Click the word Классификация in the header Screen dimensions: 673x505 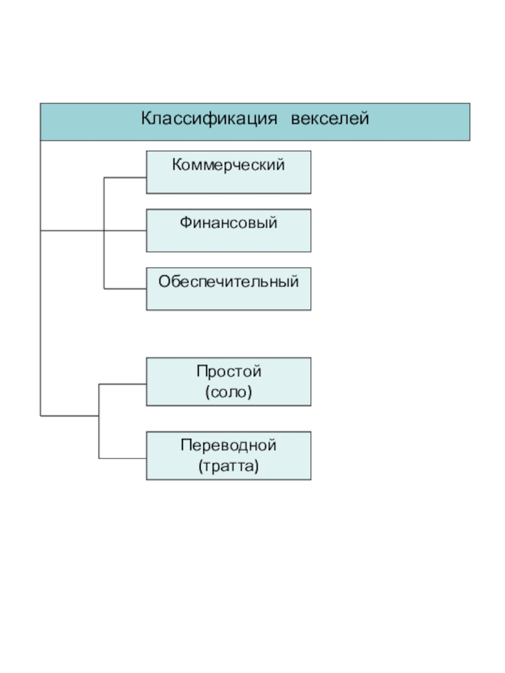[x=209, y=119]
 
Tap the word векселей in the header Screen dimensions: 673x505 [x=330, y=119]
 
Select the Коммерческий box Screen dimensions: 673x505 [x=229, y=180]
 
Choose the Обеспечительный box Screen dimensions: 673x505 [x=229, y=296]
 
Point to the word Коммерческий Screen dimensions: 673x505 [x=229, y=165]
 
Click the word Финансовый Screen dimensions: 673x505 [x=229, y=223]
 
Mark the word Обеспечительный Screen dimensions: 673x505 [x=229, y=281]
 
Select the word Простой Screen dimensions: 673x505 [x=229, y=372]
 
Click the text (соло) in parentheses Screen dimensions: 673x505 [x=229, y=392]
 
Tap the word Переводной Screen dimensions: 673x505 [x=229, y=446]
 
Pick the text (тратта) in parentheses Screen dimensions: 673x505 [x=229, y=467]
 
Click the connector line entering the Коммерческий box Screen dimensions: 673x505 [x=125, y=178]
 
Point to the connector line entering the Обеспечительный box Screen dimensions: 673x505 [x=125, y=289]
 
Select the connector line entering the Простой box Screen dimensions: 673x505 [x=122, y=383]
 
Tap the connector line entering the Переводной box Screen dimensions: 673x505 [x=122, y=457]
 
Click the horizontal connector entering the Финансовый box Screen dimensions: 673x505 [x=125, y=231]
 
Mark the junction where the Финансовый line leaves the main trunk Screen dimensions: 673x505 [x=40, y=231]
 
